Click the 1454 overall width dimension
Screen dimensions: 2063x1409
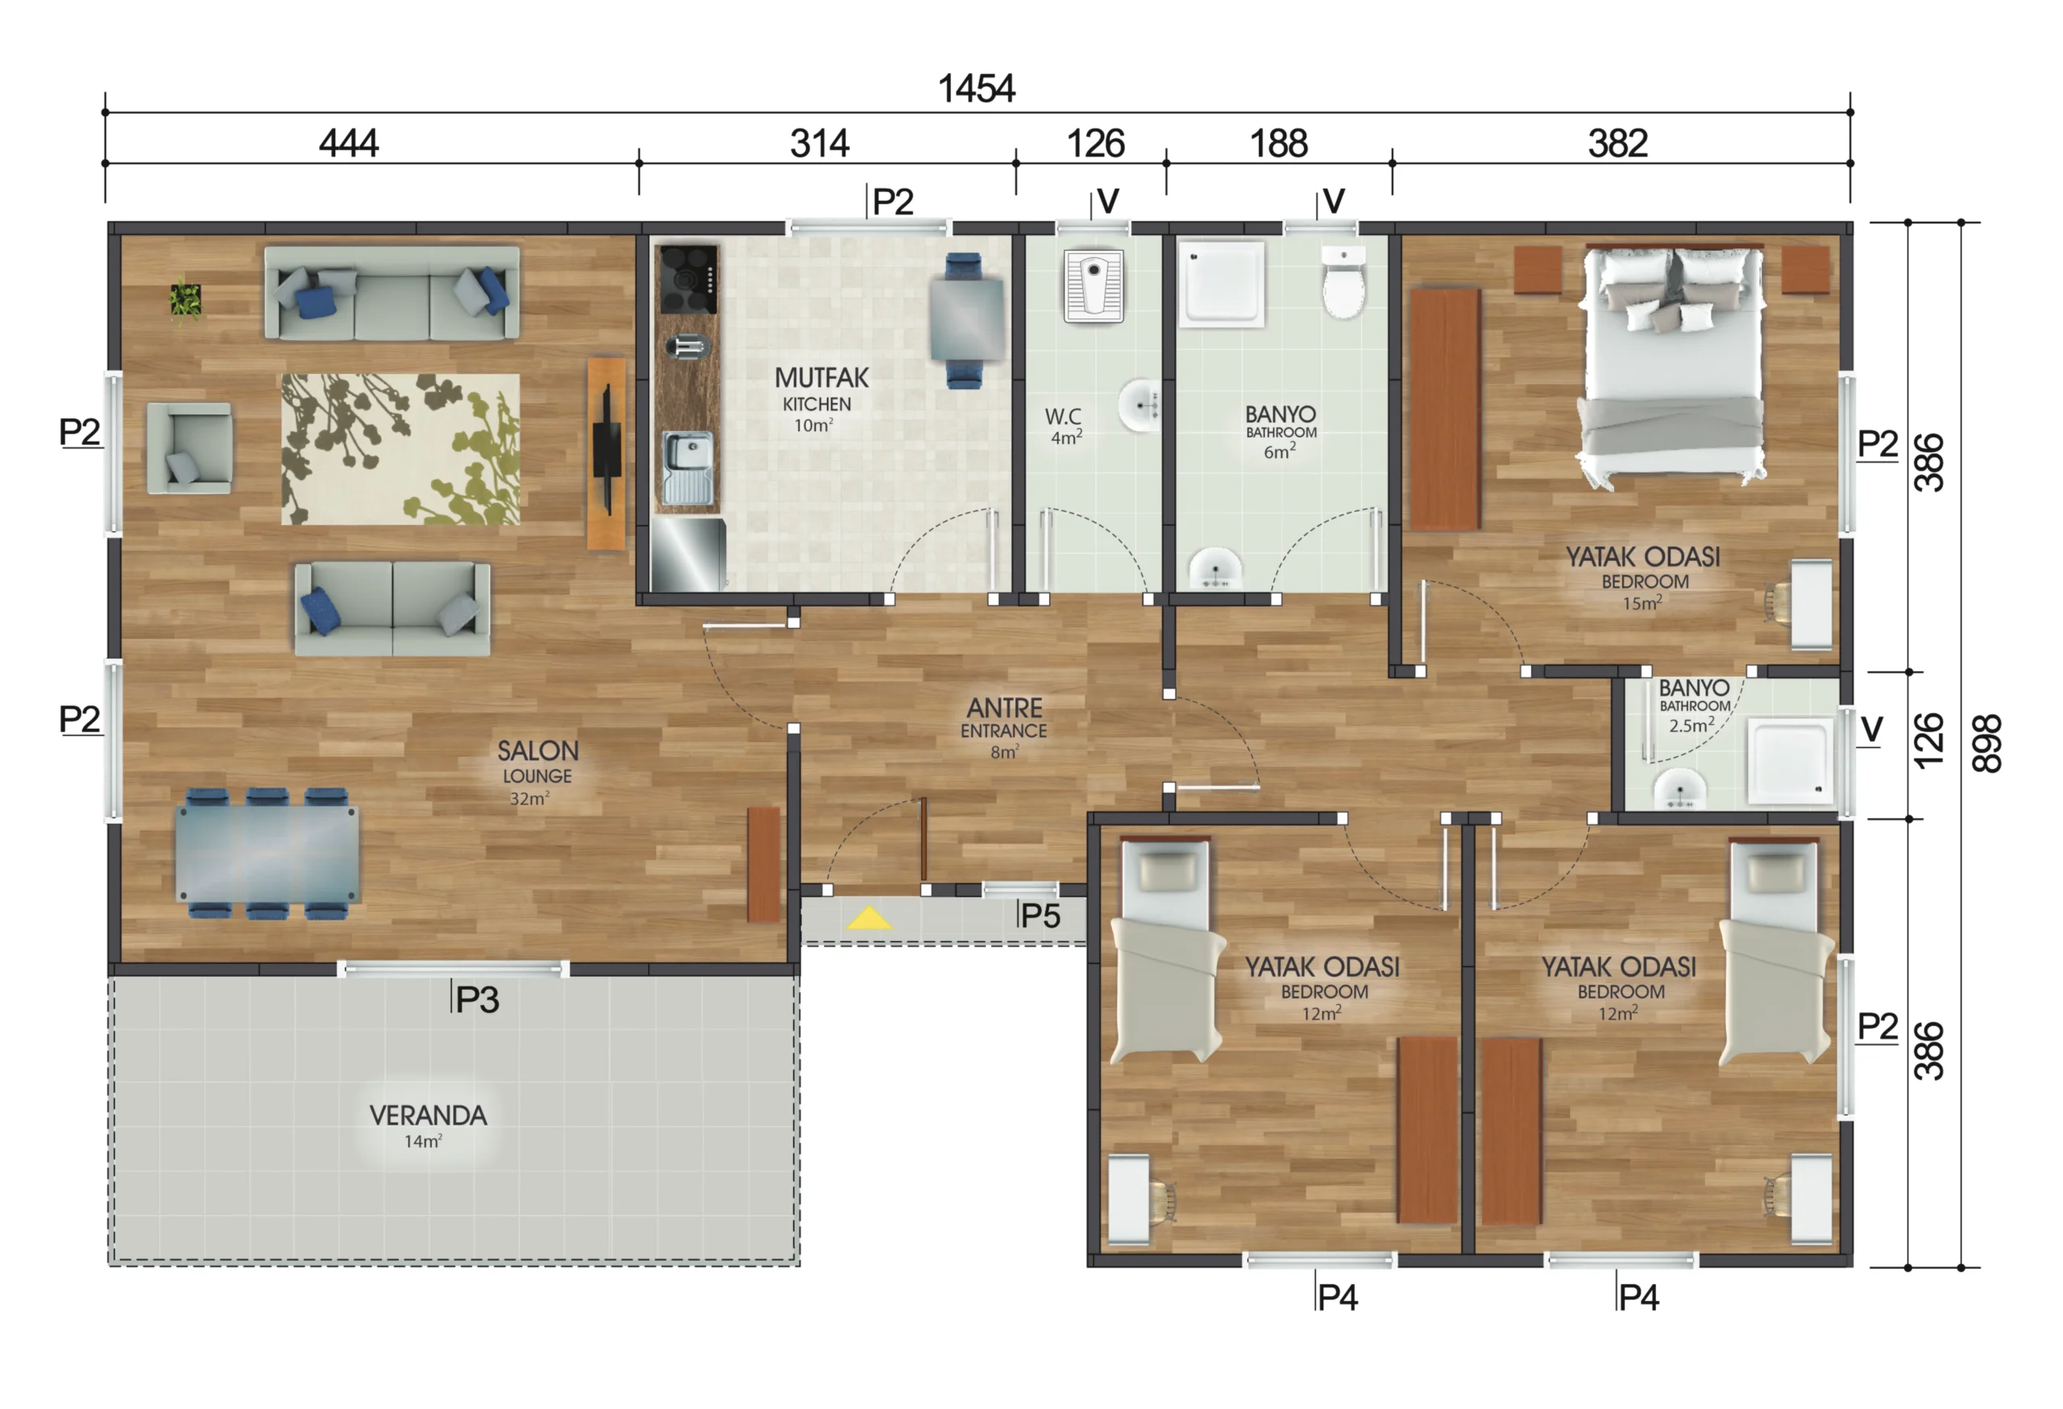point(977,89)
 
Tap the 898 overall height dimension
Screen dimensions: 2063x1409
point(1986,743)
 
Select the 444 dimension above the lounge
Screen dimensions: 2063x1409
point(349,143)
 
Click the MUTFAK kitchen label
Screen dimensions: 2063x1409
point(821,377)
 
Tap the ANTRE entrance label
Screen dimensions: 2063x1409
point(1004,708)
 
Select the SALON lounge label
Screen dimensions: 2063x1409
point(537,751)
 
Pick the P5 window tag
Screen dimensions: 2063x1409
point(1040,916)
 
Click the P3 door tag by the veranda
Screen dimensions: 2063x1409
point(478,1000)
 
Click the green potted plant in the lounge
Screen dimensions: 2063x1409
point(185,300)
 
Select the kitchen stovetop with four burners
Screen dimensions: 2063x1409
point(687,279)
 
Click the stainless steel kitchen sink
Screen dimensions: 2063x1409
point(688,467)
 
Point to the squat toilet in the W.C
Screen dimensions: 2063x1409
point(1094,286)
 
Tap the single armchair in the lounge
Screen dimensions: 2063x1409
point(190,447)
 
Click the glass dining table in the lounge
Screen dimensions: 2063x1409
point(268,853)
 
